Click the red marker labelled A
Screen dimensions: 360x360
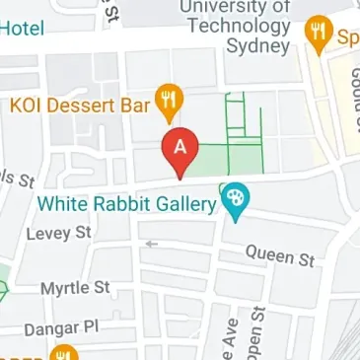click(180, 151)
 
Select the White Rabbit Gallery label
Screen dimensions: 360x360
click(125, 204)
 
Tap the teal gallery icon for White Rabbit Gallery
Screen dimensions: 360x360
click(235, 200)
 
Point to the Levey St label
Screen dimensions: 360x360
click(60, 233)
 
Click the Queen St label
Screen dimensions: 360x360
click(279, 255)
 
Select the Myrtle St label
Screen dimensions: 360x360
click(75, 289)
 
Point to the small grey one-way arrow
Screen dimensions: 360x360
click(151, 243)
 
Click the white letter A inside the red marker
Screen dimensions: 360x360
click(180, 146)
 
